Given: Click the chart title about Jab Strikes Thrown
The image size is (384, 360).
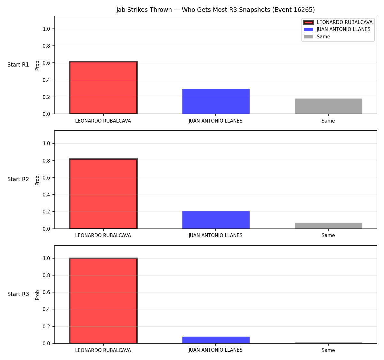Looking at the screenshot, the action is [x=215, y=10].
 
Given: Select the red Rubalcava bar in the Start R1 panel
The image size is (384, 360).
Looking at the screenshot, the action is [x=103, y=87].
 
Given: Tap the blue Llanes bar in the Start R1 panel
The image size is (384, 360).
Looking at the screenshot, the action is [x=216, y=101].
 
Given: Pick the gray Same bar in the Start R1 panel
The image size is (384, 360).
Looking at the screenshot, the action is [x=328, y=106].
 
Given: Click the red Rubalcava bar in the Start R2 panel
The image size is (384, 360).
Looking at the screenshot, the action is [x=103, y=194].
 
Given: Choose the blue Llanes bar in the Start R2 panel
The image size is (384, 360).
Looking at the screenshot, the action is [x=216, y=220].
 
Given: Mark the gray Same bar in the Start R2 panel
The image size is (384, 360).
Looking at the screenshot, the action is [x=328, y=226].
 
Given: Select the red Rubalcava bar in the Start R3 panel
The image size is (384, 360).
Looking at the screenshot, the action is [x=103, y=300].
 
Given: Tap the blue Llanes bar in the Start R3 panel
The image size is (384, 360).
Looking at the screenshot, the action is [x=216, y=340].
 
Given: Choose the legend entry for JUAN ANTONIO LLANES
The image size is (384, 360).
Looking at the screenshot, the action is [x=337, y=29].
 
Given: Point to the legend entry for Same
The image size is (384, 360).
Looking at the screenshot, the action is [x=317, y=37].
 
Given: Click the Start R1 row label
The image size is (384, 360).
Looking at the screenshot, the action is [x=18, y=65].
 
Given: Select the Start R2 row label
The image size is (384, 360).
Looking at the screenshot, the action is [x=18, y=179].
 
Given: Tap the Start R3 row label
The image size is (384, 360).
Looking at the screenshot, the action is [x=18, y=294].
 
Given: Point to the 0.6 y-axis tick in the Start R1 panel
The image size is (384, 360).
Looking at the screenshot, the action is [x=46, y=63].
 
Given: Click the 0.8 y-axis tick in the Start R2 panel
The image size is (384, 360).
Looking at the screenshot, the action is [x=46, y=161].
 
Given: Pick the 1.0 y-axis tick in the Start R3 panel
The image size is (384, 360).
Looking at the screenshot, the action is [x=46, y=259].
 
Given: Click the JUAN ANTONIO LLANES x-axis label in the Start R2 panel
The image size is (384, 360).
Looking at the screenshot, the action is [x=216, y=236].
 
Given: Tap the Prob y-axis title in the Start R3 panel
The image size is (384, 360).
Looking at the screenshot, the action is [x=37, y=295].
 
